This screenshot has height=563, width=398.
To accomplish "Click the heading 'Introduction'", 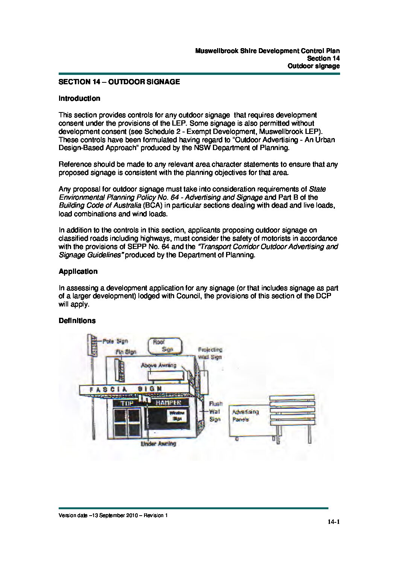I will [79, 99].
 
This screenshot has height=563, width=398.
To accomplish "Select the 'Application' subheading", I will [78, 272].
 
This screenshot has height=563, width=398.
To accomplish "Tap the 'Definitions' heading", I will [77, 321].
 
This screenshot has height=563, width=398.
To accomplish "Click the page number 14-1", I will [333, 522].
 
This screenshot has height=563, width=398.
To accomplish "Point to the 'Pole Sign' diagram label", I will [115, 341].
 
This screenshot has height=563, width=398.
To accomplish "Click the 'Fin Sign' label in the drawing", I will [126, 352].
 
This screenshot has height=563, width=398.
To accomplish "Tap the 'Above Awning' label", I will [158, 365].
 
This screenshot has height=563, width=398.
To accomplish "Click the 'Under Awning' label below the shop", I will [158, 444].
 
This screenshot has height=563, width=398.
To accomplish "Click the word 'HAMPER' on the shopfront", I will [168, 403].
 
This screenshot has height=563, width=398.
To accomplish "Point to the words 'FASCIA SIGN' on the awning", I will [126, 389].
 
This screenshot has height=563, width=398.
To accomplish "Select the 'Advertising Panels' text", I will [245, 416].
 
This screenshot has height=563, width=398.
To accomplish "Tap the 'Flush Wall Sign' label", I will [215, 411].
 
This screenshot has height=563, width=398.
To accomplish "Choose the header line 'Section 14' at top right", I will [323, 58].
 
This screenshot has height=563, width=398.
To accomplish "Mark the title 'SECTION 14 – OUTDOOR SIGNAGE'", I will [119, 82].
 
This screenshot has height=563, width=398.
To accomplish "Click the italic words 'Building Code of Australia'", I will [100, 206].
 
